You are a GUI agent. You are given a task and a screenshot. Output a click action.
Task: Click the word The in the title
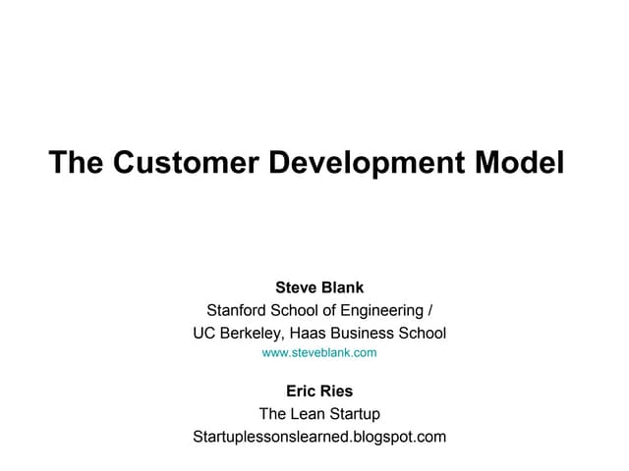(x=76, y=162)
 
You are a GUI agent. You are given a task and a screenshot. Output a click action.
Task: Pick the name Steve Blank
(x=319, y=288)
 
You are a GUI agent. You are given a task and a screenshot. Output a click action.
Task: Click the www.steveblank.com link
(x=319, y=351)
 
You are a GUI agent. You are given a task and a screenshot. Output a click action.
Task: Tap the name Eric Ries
(x=319, y=392)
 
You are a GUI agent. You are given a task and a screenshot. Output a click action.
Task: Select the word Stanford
(x=237, y=311)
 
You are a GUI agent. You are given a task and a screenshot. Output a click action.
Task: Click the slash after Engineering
(x=429, y=311)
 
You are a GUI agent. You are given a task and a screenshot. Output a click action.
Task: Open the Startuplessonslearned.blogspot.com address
(x=319, y=437)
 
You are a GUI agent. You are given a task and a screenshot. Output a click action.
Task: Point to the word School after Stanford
(x=297, y=311)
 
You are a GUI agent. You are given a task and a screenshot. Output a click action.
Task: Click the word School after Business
(x=422, y=334)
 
